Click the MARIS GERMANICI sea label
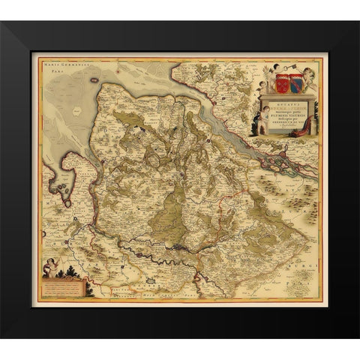pyautogui.click(x=65, y=64)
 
